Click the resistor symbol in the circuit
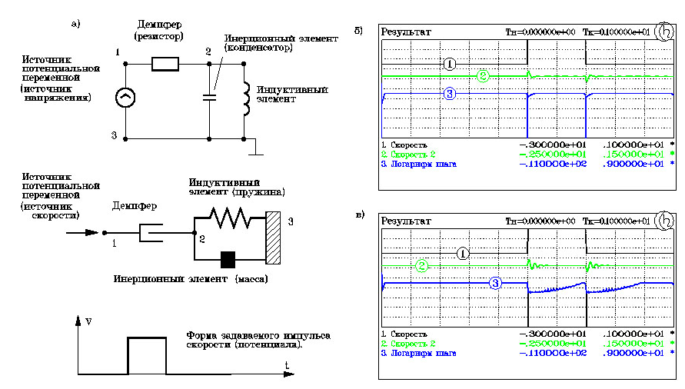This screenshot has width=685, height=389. [x=165, y=64]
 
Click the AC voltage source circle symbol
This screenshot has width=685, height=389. [x=125, y=98]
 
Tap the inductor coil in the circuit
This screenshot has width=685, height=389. [x=245, y=98]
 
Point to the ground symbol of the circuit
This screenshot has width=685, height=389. [x=259, y=151]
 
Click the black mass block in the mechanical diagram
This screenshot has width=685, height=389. [x=228, y=259]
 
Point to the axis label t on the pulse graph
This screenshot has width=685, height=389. [x=285, y=364]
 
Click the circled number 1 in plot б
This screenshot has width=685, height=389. [x=451, y=63]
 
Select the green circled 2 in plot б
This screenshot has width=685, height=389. [x=482, y=76]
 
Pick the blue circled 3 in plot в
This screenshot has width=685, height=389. [x=496, y=282]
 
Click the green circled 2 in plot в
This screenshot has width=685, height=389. [x=422, y=266]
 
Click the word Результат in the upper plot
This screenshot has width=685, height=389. [x=406, y=32]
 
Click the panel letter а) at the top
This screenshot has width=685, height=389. [x=75, y=23]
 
